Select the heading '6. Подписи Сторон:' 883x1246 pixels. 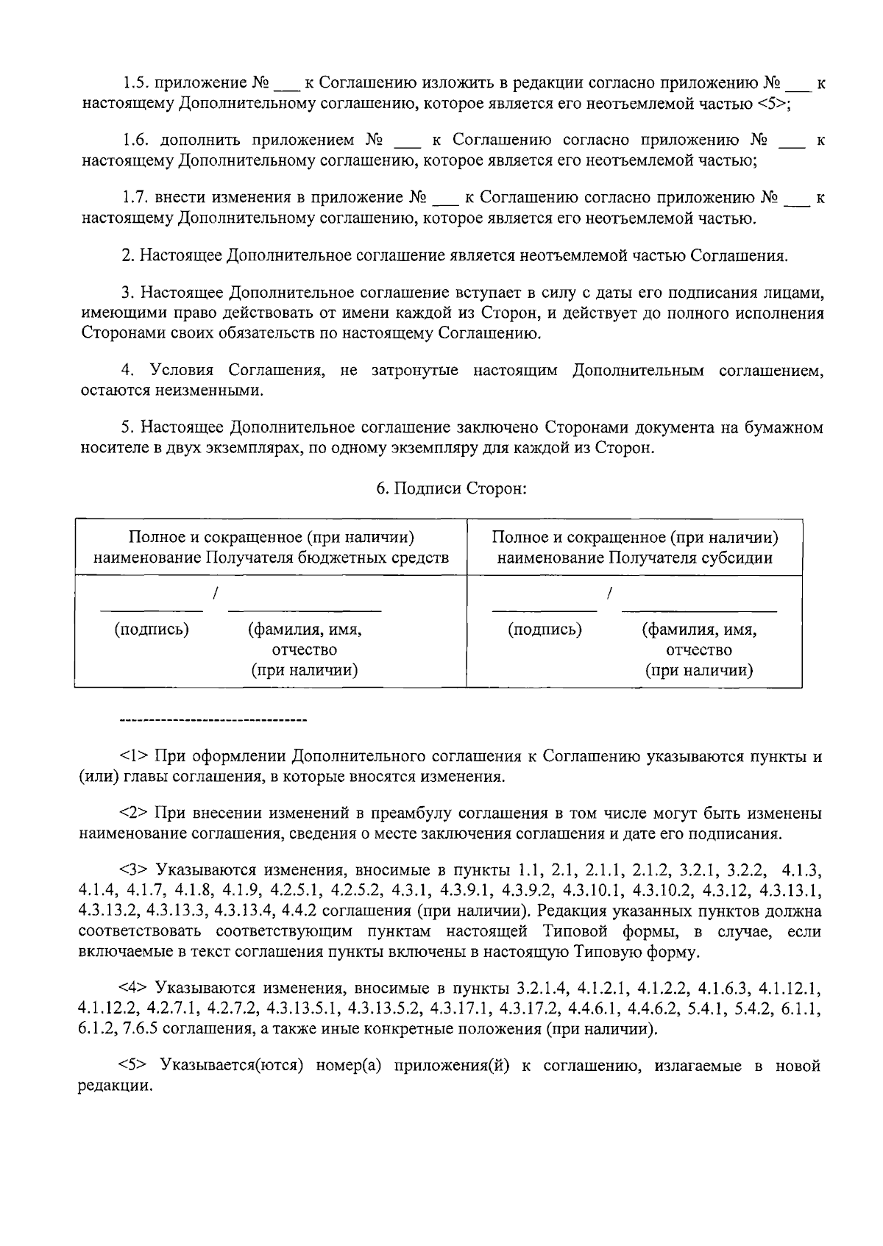451,488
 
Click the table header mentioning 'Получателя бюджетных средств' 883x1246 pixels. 271,548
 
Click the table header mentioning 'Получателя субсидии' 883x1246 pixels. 635,548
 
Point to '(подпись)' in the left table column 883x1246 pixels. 151,630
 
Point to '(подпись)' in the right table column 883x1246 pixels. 545,630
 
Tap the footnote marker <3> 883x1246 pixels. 135,871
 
